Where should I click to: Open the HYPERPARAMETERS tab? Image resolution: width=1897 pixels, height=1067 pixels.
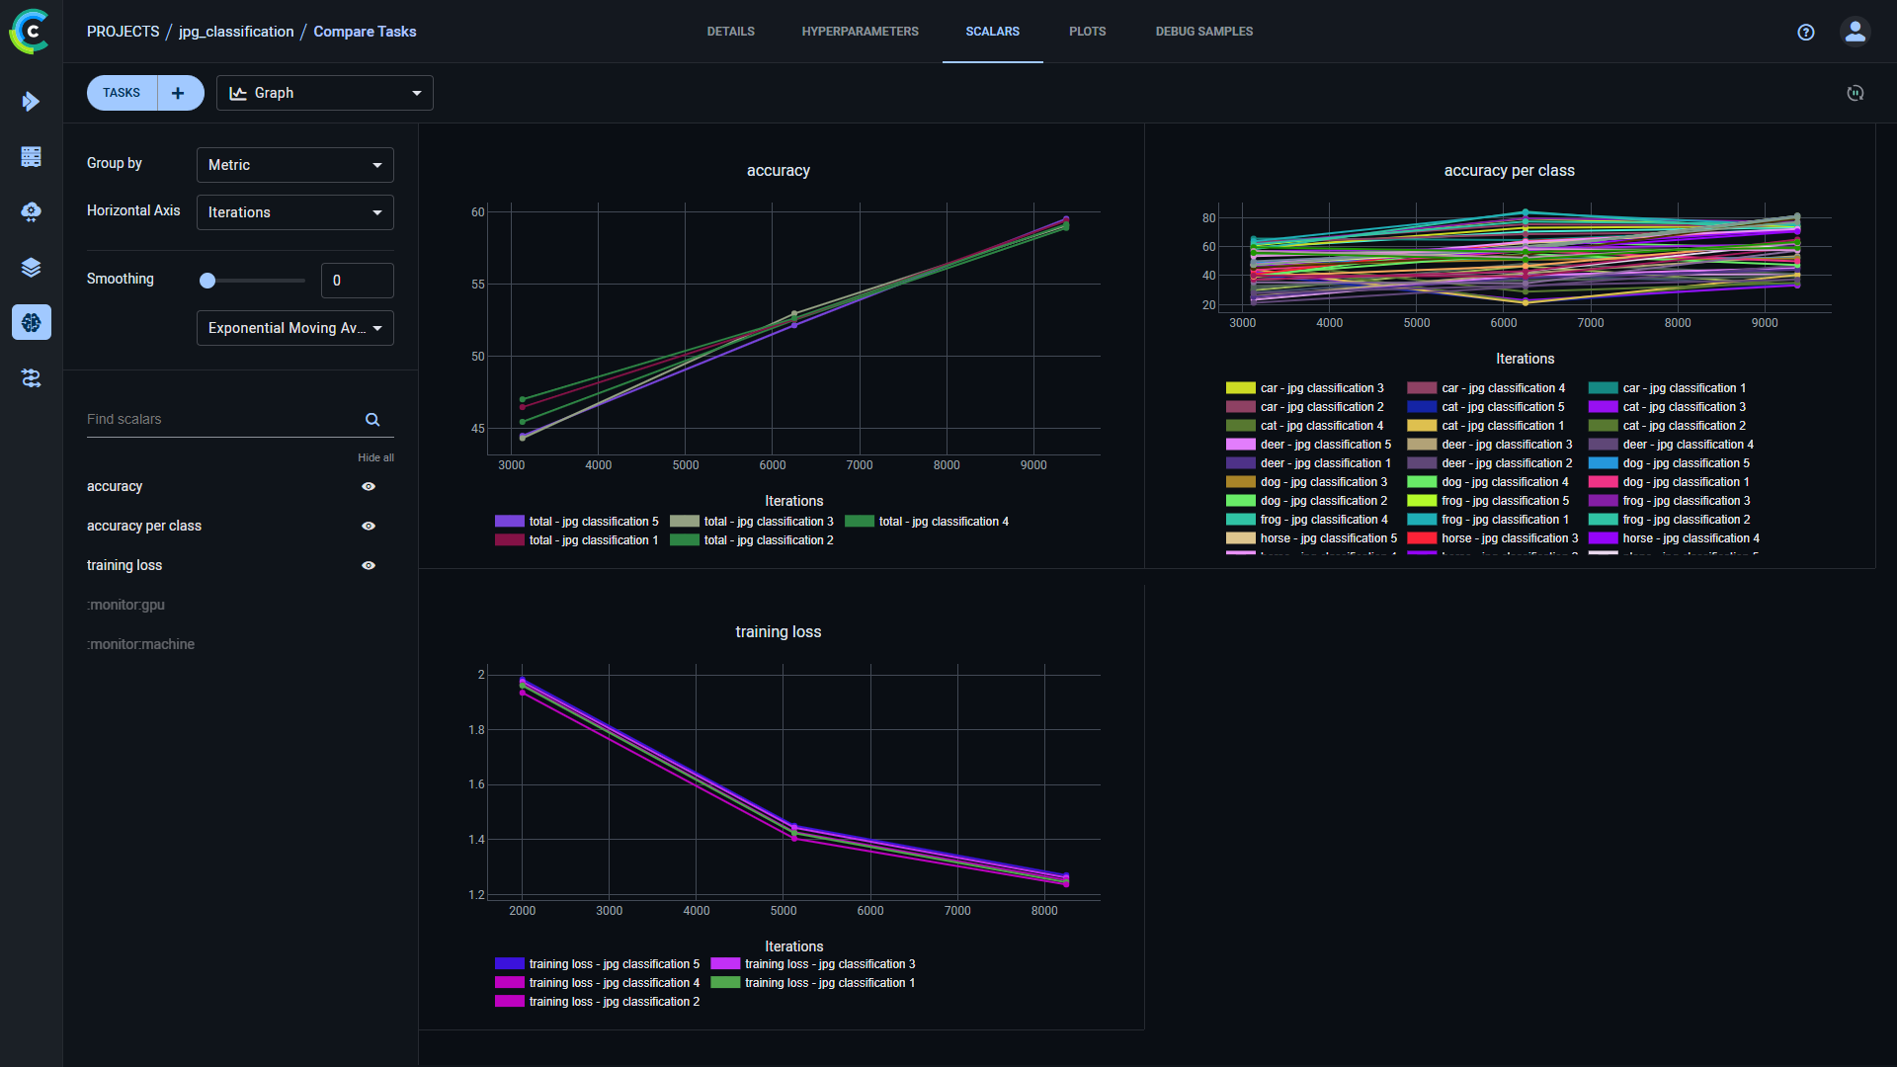click(860, 32)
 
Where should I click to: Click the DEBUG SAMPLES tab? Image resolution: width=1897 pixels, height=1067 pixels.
click(1203, 32)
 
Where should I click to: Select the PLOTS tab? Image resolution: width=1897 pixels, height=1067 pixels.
click(1087, 32)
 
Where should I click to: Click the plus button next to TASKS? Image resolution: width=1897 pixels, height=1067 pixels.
click(178, 93)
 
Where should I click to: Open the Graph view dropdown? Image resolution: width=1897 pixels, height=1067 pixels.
click(324, 93)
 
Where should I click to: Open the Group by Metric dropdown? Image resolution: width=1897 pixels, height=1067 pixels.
click(294, 165)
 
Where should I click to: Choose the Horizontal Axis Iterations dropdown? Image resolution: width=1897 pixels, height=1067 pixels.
click(294, 212)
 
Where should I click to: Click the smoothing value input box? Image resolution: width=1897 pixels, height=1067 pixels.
click(357, 281)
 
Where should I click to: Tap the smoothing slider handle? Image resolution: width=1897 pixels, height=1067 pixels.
click(207, 281)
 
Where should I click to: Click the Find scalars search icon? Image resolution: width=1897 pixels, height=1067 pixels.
click(372, 420)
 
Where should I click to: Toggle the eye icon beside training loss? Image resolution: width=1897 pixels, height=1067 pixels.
click(369, 566)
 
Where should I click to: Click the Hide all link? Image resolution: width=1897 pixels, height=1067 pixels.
click(375, 457)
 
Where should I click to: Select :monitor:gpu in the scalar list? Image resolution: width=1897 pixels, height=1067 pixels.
click(125, 605)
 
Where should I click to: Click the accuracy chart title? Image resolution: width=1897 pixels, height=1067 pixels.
click(778, 171)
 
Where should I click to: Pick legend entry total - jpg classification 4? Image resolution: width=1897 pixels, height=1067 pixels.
click(943, 522)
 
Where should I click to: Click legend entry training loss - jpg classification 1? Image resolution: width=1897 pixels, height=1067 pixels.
click(829, 983)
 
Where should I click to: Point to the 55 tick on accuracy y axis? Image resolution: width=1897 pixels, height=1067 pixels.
click(478, 285)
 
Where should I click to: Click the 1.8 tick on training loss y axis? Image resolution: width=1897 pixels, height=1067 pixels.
click(476, 730)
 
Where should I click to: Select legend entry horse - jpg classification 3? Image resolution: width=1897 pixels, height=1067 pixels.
click(1509, 538)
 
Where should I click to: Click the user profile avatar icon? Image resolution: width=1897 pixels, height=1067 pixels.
click(1855, 32)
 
